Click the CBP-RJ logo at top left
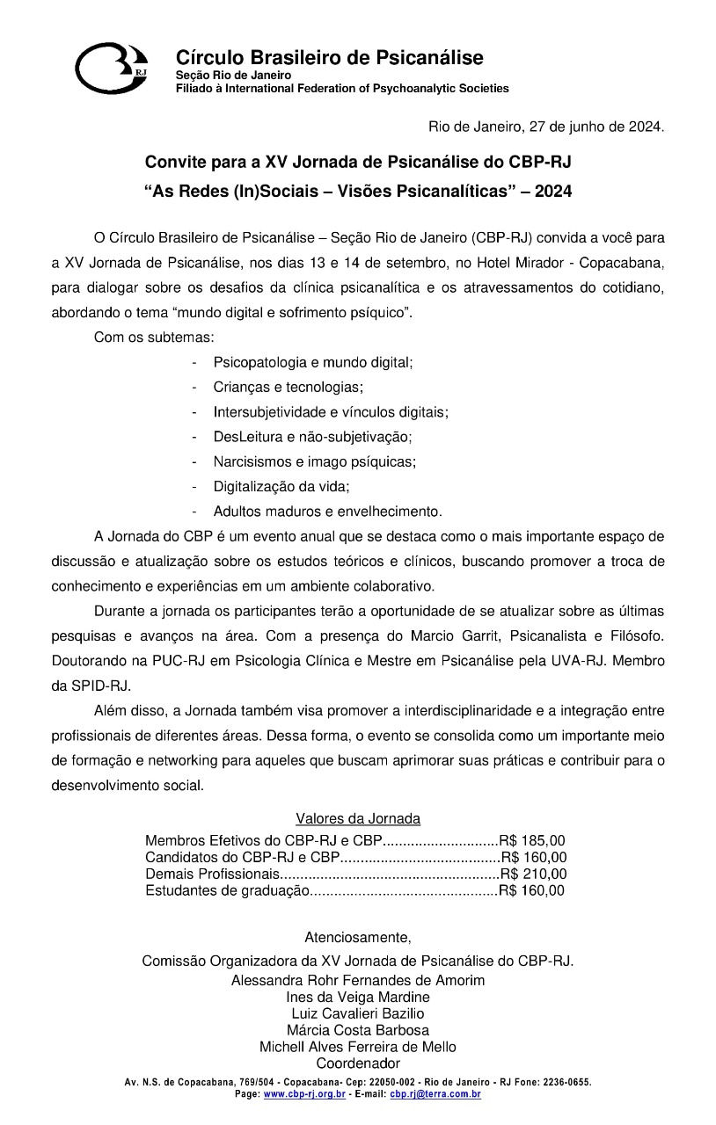[112, 67]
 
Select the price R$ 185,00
[533, 841]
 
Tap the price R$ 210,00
[534, 874]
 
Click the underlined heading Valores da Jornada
[358, 819]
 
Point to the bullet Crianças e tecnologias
[288, 387]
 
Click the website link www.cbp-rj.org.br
[304, 1094]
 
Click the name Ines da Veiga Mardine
[358, 997]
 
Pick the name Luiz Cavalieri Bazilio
[358, 1013]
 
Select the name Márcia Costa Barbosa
[358, 1030]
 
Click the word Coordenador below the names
[358, 1063]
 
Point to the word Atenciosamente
[357, 936]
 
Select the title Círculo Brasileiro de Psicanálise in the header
[329, 58]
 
